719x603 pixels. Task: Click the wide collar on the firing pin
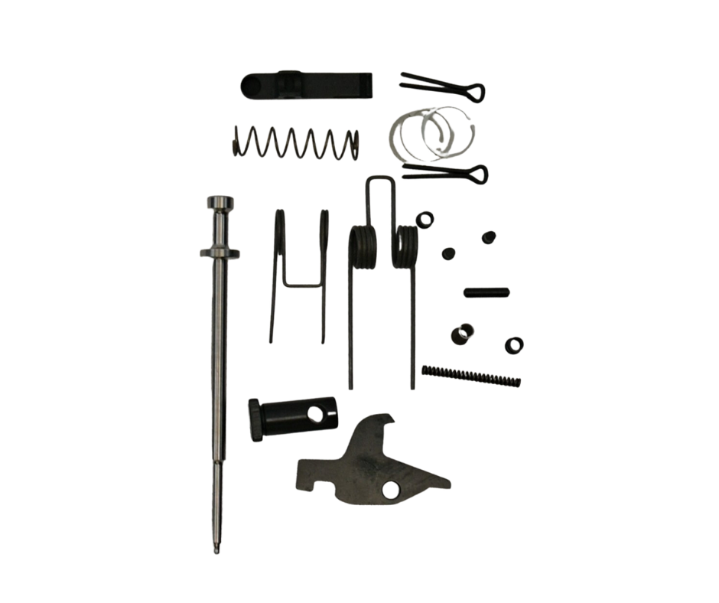[219, 253]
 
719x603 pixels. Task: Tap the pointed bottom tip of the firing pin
[218, 549]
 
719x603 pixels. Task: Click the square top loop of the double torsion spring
[380, 184]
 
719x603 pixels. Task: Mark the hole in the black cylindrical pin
[314, 414]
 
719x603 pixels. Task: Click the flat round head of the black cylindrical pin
[254, 418]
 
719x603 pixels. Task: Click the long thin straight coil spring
[470, 374]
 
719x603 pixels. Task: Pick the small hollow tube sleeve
[461, 335]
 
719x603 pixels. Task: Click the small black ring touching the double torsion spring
[425, 220]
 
